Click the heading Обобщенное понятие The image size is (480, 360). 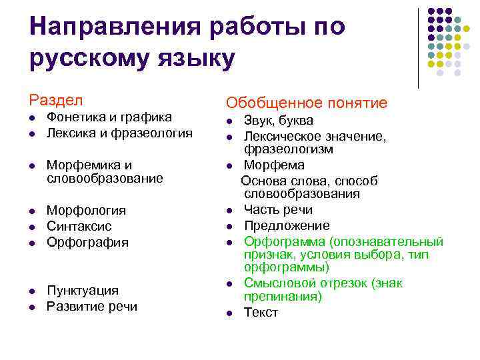coord(306,103)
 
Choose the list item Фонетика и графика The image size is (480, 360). coord(109,117)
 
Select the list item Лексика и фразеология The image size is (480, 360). coord(119,133)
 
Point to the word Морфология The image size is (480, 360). coord(86,210)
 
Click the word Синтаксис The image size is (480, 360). coord(79,226)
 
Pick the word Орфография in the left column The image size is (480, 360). coord(87,242)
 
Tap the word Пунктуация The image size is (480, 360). coord(83,290)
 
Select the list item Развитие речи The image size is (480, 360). coord(91,306)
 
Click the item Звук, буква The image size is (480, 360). coord(278,121)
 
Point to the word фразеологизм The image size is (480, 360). coord(288,149)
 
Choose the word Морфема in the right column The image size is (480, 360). coord(274,165)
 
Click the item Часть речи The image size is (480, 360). coord(278,210)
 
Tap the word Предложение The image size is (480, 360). coord(287,225)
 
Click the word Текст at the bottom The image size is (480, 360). coord(261,313)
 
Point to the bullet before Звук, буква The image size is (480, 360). coord(229,122)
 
